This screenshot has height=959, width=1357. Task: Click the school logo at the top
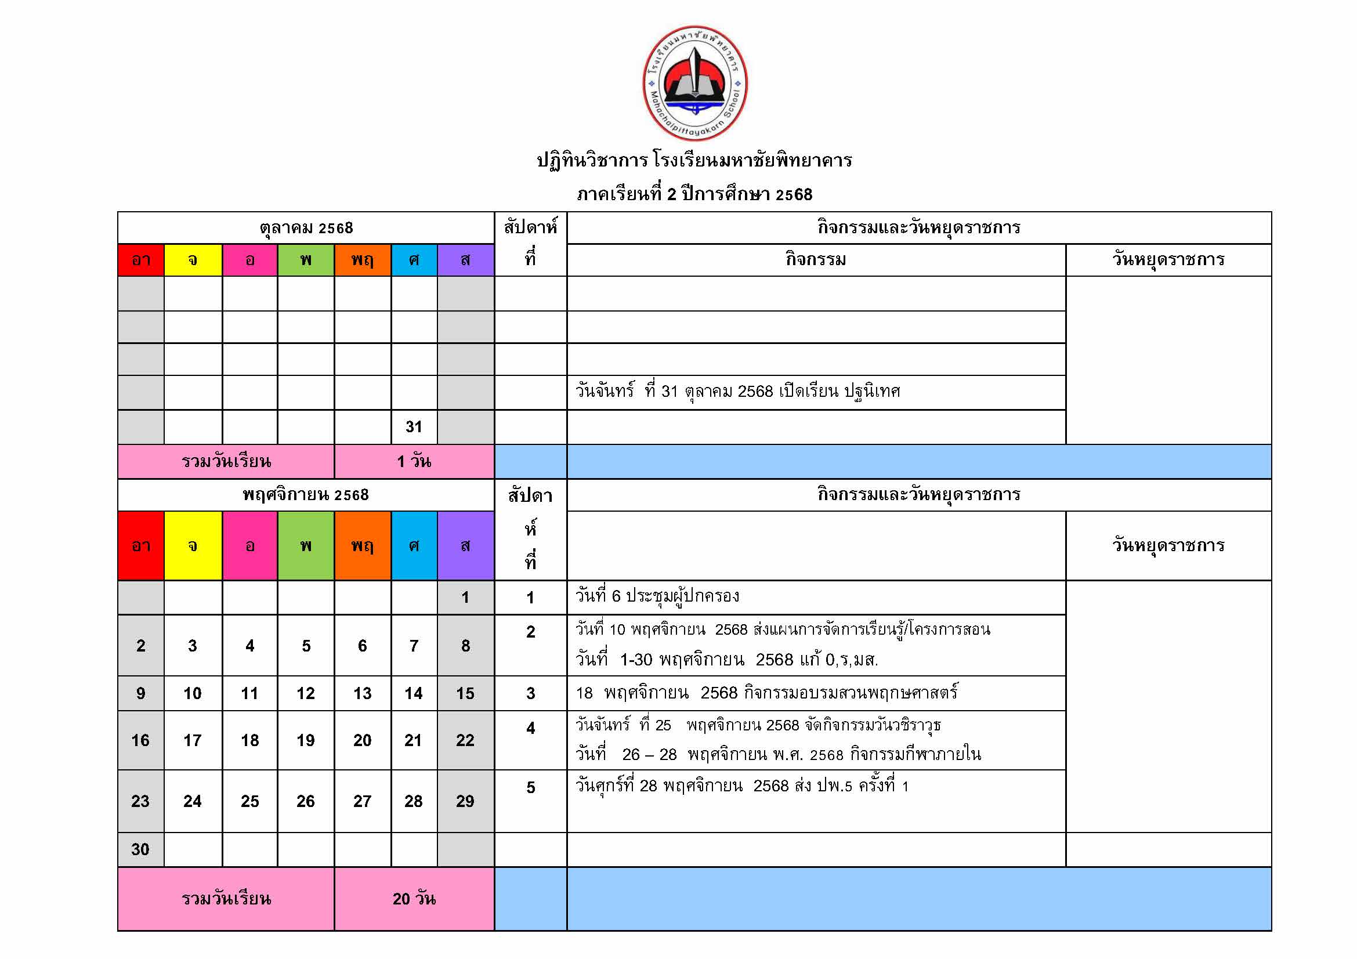tap(694, 84)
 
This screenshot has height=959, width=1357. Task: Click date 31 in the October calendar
tap(414, 426)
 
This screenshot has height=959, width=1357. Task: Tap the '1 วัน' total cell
tap(414, 461)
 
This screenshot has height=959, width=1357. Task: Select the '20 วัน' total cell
tap(414, 899)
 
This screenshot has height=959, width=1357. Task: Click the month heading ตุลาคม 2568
tap(306, 228)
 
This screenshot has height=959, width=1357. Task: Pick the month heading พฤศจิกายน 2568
tap(306, 494)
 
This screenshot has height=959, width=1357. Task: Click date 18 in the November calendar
tap(249, 740)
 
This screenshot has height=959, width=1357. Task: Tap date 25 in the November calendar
tap(249, 801)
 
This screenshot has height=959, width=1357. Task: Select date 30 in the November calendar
tap(140, 849)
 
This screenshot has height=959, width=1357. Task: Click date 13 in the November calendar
tap(362, 693)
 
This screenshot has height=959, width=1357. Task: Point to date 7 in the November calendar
tap(414, 646)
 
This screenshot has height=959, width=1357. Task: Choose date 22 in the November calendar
tap(465, 740)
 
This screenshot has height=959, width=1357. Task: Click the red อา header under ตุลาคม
tap(140, 260)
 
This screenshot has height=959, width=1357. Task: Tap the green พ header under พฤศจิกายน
tap(306, 545)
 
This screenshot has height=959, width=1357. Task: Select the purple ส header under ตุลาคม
tap(465, 260)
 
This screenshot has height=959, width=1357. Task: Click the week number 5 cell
tap(530, 788)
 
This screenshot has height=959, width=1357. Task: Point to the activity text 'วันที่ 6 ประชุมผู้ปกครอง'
tap(657, 596)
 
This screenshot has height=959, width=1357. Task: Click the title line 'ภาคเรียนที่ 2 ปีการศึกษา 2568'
tap(694, 194)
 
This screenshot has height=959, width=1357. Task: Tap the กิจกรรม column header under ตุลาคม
tap(816, 259)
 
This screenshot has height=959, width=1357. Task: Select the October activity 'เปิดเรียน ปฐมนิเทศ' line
tap(737, 391)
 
